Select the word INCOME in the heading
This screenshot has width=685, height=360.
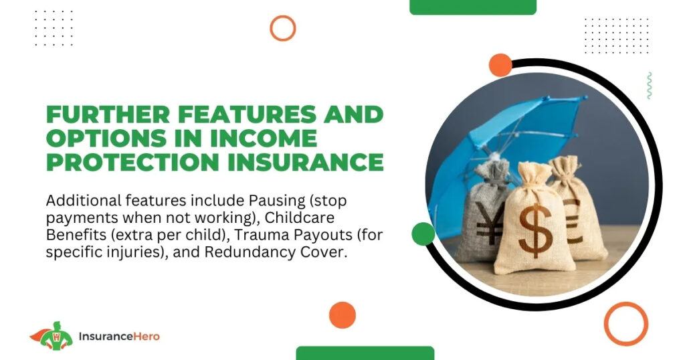click(x=264, y=138)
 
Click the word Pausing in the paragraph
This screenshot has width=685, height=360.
click(x=277, y=201)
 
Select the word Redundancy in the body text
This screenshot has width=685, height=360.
click(x=250, y=253)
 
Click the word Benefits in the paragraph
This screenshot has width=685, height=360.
click(x=76, y=235)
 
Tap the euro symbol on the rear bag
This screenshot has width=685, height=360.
click(x=573, y=221)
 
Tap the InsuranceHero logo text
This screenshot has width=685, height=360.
click(x=119, y=337)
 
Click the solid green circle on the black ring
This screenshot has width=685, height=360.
click(x=423, y=234)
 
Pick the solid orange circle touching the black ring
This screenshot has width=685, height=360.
click(x=500, y=65)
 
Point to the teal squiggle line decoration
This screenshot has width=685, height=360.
click(x=650, y=85)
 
